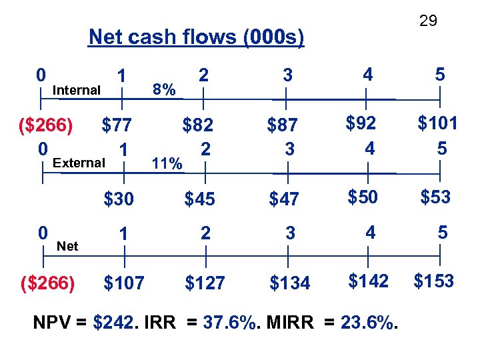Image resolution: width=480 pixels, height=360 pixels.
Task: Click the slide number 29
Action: click(x=428, y=21)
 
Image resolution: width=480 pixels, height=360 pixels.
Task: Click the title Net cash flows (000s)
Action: click(x=196, y=37)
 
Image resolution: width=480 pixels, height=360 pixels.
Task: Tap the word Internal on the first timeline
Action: click(x=77, y=90)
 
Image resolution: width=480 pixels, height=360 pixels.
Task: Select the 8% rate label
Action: click(x=164, y=89)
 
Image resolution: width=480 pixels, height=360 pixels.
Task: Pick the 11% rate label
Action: click(x=167, y=163)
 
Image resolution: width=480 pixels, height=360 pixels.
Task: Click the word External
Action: click(x=79, y=163)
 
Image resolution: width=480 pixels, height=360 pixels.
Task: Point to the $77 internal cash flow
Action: click(x=116, y=125)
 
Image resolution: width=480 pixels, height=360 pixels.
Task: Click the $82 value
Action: click(x=198, y=125)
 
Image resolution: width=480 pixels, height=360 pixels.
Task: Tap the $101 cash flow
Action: click(x=437, y=123)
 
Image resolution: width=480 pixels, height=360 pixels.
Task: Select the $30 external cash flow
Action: click(x=118, y=199)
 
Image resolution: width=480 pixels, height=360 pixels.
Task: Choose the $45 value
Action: click(x=199, y=199)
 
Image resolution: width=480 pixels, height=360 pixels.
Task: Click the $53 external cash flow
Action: click(x=435, y=197)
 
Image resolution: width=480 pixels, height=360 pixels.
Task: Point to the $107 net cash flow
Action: click(x=124, y=283)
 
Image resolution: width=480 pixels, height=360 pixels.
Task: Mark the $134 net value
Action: click(x=289, y=283)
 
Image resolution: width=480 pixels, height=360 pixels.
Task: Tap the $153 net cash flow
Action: click(x=433, y=281)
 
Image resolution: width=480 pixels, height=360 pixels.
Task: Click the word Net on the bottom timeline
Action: click(x=67, y=246)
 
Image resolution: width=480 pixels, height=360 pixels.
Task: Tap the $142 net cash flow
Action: click(x=368, y=281)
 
